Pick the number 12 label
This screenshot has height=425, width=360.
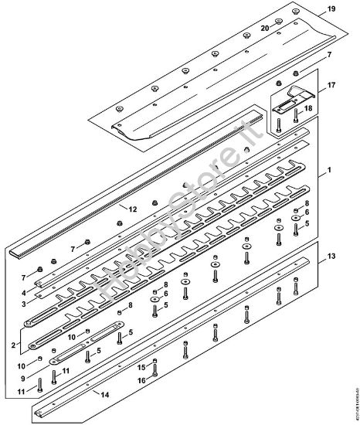coord(133,209)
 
